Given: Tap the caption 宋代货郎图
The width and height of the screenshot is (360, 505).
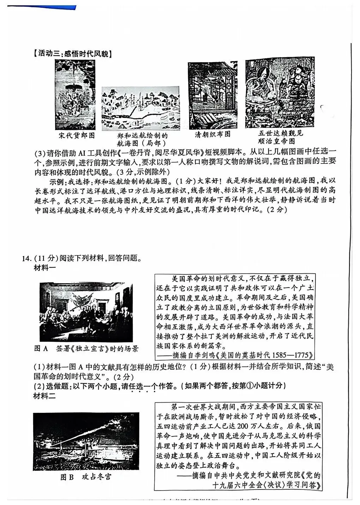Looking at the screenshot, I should (x=77, y=136).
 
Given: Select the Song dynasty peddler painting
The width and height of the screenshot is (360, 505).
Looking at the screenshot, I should (x=75, y=95).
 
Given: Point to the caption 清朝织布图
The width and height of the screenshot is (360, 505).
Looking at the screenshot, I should (x=213, y=134).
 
